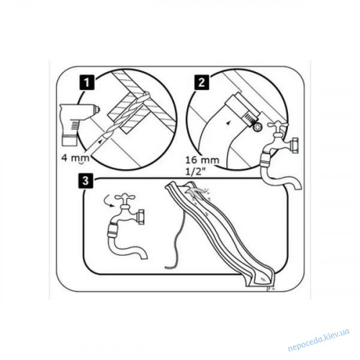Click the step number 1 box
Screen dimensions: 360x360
(x=86, y=83)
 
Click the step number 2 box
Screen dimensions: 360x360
(x=202, y=83)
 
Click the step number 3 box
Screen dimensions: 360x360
(x=86, y=181)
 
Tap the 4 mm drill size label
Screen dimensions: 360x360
(x=76, y=158)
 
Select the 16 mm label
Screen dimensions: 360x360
(x=202, y=160)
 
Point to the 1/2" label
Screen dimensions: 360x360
(x=194, y=171)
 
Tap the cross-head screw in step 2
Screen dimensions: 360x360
(x=258, y=127)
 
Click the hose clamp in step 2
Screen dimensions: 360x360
(x=243, y=109)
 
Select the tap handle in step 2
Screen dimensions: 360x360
(x=279, y=125)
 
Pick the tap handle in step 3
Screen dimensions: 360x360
(x=125, y=198)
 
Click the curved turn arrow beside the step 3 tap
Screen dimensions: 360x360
(x=109, y=201)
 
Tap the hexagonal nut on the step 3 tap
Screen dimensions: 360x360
(x=140, y=217)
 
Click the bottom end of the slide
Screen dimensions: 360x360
(x=261, y=280)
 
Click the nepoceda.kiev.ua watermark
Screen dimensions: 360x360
(x=318, y=340)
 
